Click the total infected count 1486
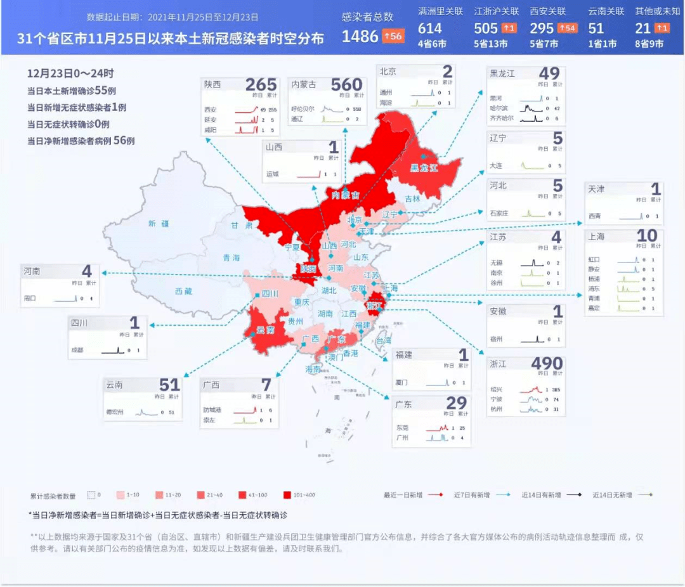point(360,36)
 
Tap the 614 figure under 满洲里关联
point(429,29)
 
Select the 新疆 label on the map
point(159,223)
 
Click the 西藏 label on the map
point(183,291)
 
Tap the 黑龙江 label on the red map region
point(424,168)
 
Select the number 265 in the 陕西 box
point(261,84)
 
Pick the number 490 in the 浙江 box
point(546,363)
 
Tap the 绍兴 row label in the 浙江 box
point(496,389)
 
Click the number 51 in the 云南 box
point(169,384)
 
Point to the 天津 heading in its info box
point(596,189)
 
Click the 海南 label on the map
point(313,369)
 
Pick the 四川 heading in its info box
point(80,323)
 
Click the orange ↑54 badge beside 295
point(566,29)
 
